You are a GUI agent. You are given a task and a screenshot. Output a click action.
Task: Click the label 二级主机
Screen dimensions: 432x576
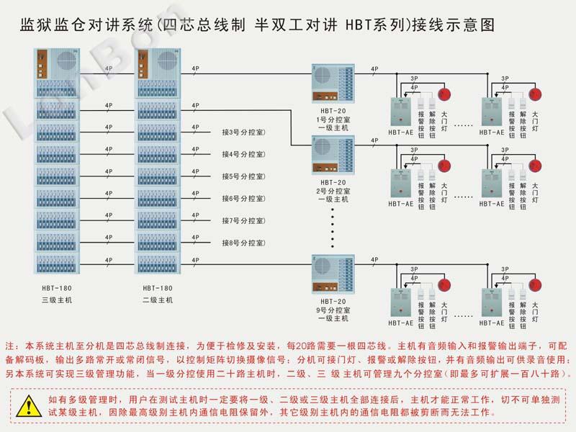157,300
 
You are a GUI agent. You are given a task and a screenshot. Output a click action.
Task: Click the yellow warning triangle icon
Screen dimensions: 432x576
28,405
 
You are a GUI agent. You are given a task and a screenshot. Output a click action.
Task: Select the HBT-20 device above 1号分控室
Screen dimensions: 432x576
332,84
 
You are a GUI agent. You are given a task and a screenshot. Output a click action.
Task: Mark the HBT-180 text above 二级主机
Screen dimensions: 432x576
157,288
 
